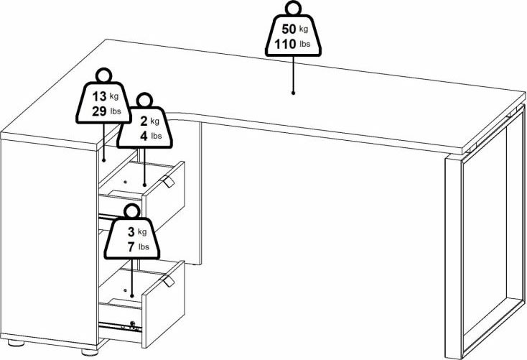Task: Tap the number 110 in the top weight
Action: point(284,45)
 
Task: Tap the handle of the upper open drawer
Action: point(168,183)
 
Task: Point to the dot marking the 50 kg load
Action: point(293,92)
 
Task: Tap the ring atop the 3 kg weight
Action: point(131,211)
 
